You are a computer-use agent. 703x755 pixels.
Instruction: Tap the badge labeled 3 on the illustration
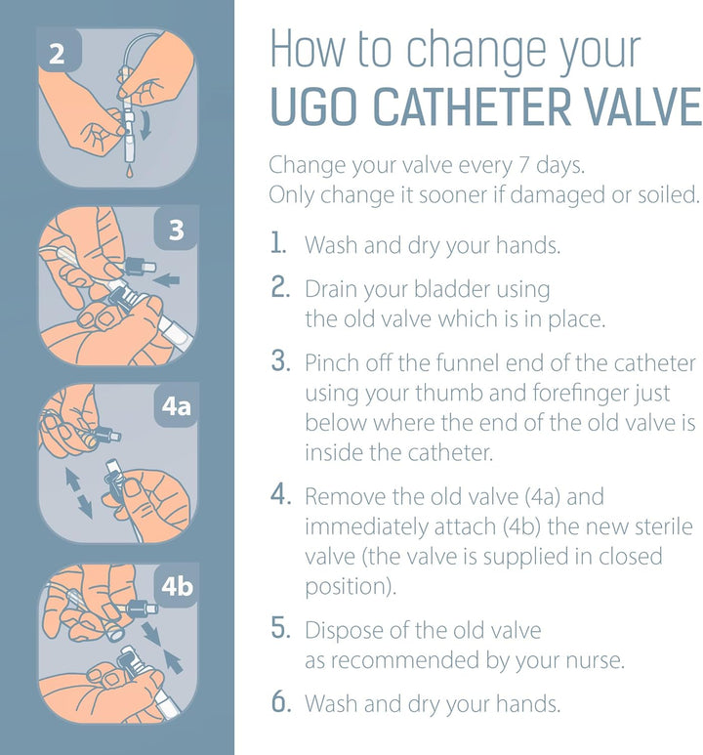pos(176,231)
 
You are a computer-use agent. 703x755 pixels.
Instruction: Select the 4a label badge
pos(175,404)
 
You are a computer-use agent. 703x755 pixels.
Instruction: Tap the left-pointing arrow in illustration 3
pos(167,281)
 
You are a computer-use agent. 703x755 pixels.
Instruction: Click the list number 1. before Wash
pos(280,245)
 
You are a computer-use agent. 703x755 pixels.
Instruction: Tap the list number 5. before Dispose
pos(281,630)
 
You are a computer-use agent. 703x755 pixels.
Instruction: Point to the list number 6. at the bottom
pos(281,702)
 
